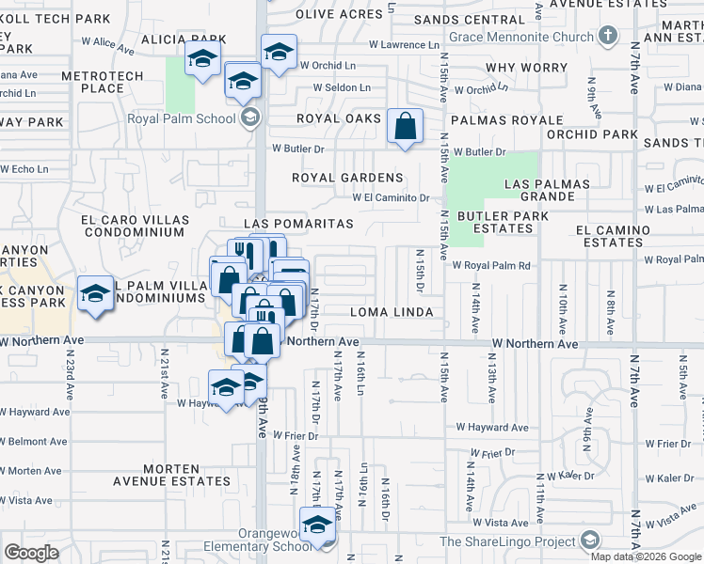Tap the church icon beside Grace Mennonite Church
point(608,37)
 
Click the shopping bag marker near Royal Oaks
point(405,126)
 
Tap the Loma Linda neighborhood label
point(391,312)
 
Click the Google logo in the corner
point(31,552)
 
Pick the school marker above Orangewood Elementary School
point(318,525)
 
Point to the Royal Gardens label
point(347,178)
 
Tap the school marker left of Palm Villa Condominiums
point(96,293)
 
